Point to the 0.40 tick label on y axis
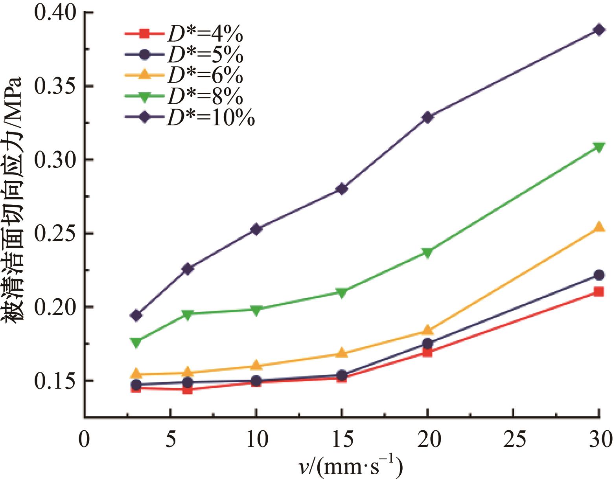(x=55, y=13)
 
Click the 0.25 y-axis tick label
(x=55, y=234)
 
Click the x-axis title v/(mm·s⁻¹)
(x=350, y=466)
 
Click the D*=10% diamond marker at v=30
(x=599, y=30)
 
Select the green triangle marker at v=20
(x=427, y=252)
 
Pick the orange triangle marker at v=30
(x=599, y=227)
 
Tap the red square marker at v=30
(x=599, y=292)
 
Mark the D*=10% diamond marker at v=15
(x=342, y=189)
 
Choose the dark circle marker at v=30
(x=599, y=275)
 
